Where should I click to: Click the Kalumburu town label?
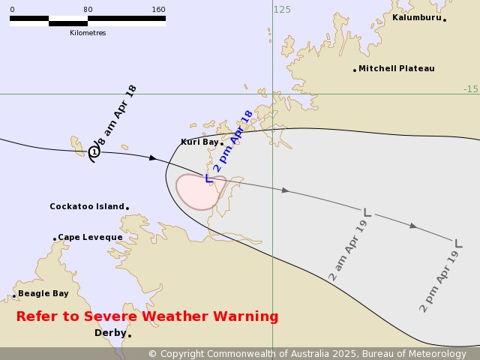416,17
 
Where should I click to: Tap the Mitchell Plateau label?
396,68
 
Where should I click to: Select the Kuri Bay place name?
199,142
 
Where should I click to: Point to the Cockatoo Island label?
86,206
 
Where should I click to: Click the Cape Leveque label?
90,237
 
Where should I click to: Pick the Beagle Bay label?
43,293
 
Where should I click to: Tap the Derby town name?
109,333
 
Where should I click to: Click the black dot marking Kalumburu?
445,19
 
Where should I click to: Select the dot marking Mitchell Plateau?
355,70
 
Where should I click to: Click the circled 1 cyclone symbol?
94,152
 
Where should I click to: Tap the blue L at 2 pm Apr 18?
209,178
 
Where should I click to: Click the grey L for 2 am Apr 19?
367,212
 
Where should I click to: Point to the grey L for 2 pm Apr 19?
458,242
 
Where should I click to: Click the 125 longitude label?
282,10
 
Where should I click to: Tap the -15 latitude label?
470,89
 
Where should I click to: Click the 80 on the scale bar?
88,10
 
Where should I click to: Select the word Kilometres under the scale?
88,33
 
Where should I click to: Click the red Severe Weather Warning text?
147,316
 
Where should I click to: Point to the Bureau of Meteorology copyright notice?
307,353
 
